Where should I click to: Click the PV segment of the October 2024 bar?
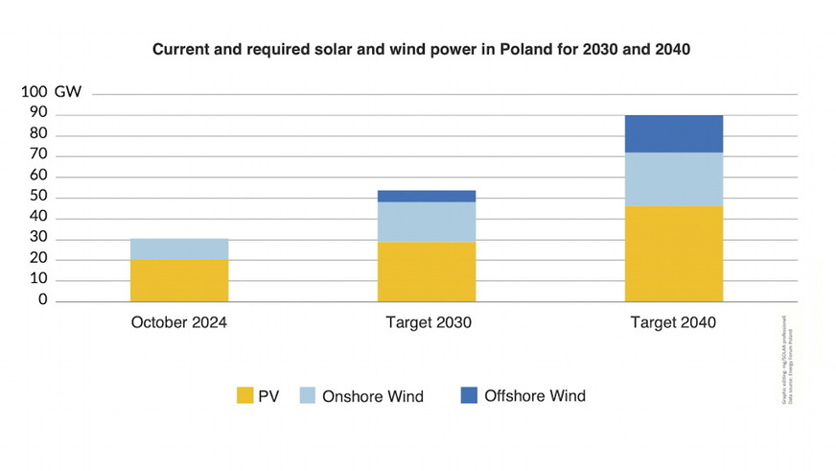pyautogui.click(x=179, y=280)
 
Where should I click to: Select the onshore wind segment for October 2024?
pyautogui.click(x=179, y=248)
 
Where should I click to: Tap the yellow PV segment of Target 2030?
pyautogui.click(x=427, y=271)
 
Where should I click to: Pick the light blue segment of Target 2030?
pyautogui.click(x=427, y=222)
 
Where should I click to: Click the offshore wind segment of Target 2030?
pyautogui.click(x=427, y=196)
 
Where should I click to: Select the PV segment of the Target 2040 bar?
pyautogui.click(x=675, y=254)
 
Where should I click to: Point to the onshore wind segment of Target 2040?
pyautogui.click(x=675, y=179)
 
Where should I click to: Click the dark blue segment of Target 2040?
pyautogui.click(x=675, y=134)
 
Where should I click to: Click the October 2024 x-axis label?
pyautogui.click(x=179, y=323)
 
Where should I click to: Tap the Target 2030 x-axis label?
pyautogui.click(x=427, y=323)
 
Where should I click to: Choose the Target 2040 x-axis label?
pyautogui.click(x=673, y=323)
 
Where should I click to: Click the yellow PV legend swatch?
pyautogui.click(x=245, y=396)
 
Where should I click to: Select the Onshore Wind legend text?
pyautogui.click(x=373, y=396)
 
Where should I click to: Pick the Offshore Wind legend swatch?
pyautogui.click(x=468, y=395)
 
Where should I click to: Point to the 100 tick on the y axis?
pyautogui.click(x=35, y=93)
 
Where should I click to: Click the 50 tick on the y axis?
pyautogui.click(x=38, y=198)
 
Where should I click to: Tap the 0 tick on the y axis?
pyautogui.click(x=43, y=301)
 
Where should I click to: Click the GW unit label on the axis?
pyautogui.click(x=68, y=93)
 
